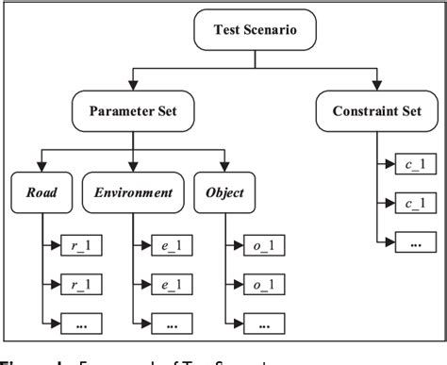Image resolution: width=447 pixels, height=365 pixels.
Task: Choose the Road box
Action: coord(41,193)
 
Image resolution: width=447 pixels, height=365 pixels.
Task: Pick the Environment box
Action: coord(134,193)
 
